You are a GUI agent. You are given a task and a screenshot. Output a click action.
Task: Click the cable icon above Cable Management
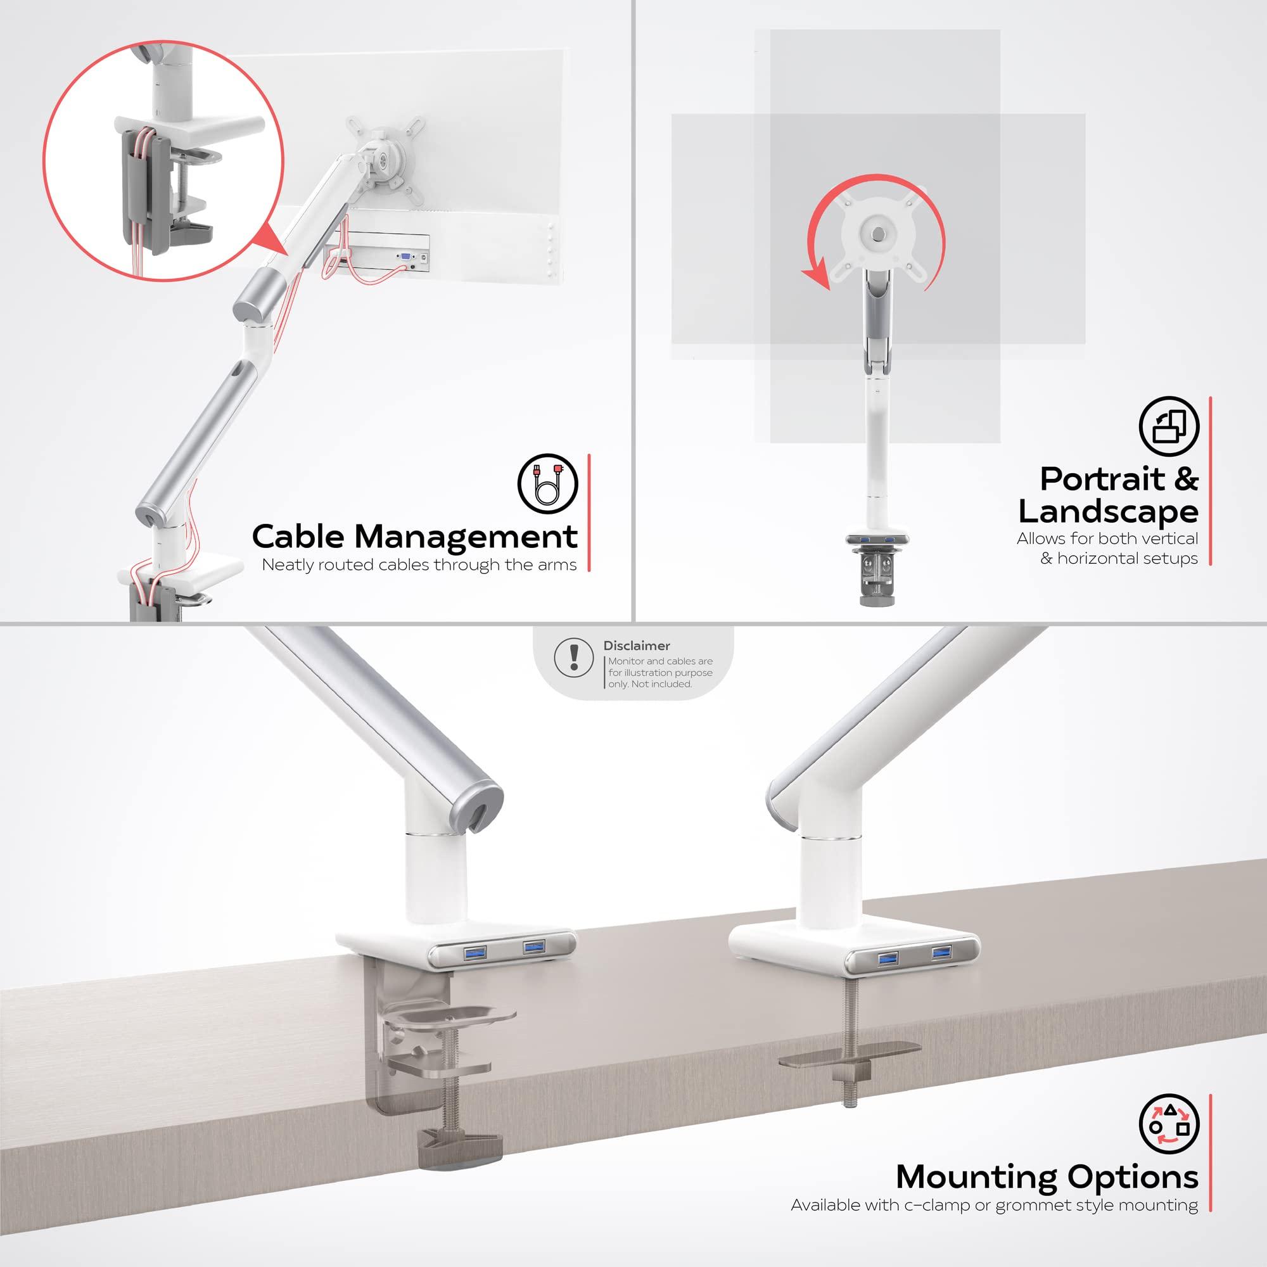pos(547,483)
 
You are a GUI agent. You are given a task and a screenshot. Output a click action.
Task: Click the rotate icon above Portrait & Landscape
pos(1169,426)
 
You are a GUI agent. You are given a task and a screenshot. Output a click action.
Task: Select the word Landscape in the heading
pos(1107,511)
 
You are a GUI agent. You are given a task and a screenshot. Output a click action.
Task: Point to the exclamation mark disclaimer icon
pos(575,656)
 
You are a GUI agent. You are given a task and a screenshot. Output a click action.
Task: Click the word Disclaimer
pos(636,646)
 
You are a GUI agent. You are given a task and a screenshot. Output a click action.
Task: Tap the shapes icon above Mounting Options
pos(1169,1123)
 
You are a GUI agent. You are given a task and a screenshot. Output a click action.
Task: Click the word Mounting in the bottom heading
pos(976,1177)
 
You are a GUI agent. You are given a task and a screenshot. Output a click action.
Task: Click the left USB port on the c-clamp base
pos(474,952)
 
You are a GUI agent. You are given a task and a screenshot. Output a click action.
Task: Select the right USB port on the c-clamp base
pos(534,947)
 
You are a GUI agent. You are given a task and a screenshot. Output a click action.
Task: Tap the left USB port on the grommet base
pos(888,958)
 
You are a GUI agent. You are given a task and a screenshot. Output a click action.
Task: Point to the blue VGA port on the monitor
pos(405,258)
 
